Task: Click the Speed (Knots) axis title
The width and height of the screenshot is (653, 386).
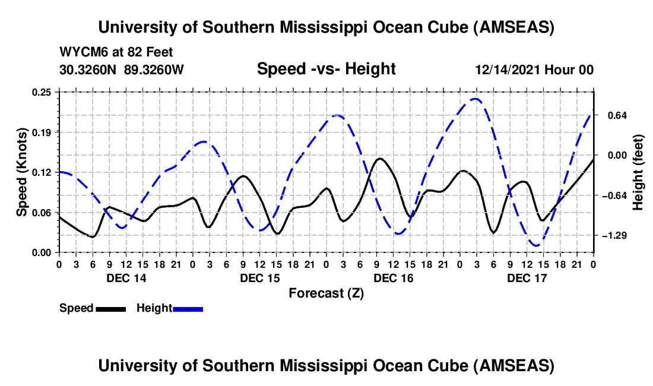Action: [x=22, y=172]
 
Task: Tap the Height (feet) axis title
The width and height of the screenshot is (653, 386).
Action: [x=638, y=172]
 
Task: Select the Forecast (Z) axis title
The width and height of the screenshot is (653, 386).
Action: [x=326, y=293]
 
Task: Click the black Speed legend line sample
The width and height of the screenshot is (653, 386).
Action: [x=110, y=309]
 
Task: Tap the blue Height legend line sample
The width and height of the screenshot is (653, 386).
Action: [x=188, y=309]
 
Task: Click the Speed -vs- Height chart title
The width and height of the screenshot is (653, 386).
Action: [x=326, y=69]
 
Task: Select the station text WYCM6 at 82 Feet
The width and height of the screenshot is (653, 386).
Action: [x=116, y=52]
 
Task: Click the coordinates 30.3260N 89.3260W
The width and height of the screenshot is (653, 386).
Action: [x=122, y=69]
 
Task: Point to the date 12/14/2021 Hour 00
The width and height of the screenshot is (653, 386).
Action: [x=534, y=69]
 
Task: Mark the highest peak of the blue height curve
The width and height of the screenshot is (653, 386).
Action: [x=475, y=99]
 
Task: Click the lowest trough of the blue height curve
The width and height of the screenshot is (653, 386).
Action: [x=535, y=245]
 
